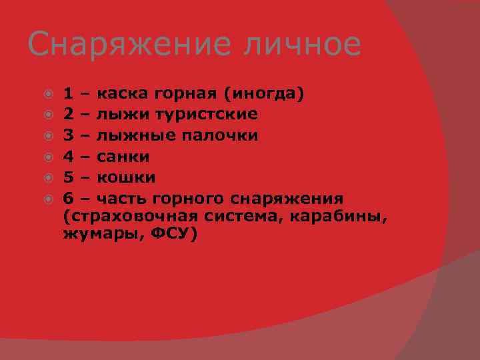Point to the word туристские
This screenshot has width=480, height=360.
point(207,115)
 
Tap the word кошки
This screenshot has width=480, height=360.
point(127,177)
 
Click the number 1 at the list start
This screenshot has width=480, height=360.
point(68,94)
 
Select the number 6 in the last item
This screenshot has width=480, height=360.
point(68,198)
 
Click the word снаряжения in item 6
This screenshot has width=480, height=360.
point(287,198)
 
